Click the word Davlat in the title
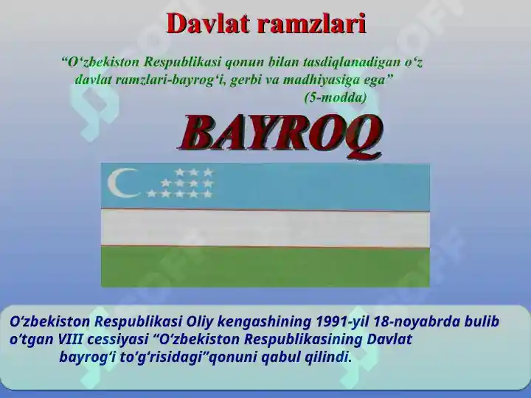point(209,24)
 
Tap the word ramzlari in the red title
point(312,24)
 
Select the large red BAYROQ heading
point(280,136)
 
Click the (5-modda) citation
point(336,98)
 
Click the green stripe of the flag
point(265,268)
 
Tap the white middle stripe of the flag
point(265,228)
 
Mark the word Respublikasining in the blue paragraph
point(303,340)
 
